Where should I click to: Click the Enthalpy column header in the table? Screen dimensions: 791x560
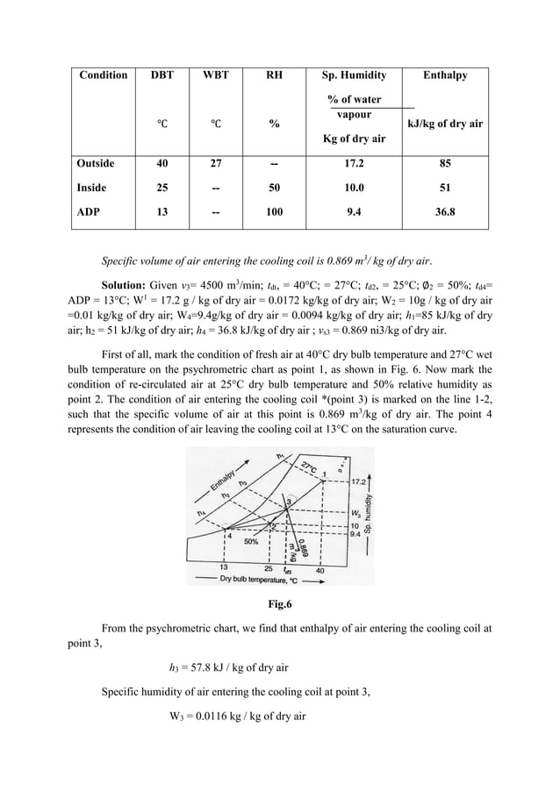(x=445, y=75)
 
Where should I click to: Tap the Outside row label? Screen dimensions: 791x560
(x=96, y=163)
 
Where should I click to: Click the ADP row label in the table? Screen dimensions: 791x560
(x=89, y=212)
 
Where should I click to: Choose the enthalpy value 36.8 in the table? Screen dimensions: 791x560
(x=445, y=212)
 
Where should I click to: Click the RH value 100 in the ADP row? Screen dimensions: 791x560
(x=275, y=212)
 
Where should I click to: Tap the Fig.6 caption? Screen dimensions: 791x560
(x=279, y=603)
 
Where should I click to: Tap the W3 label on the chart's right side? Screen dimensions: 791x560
(x=355, y=512)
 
